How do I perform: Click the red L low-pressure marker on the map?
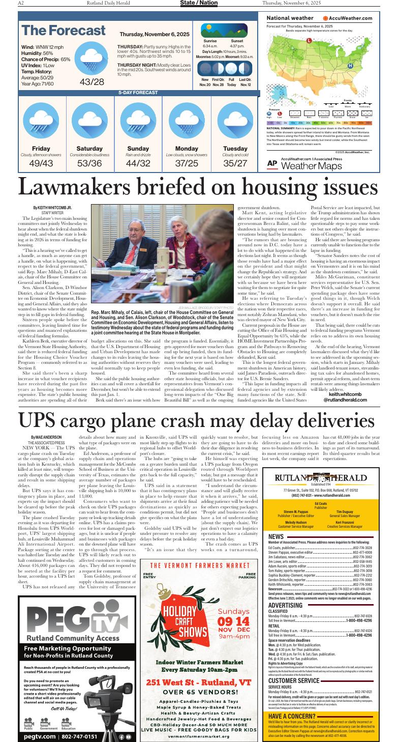tap(309, 40)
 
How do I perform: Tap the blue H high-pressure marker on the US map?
tap(350, 66)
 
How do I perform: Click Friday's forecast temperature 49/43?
tap(41, 163)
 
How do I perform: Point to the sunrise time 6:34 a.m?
tap(210, 46)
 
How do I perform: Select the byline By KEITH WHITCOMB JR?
tap(52, 208)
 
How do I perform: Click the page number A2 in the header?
tap(21, 3)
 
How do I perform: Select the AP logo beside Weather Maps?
tap(272, 164)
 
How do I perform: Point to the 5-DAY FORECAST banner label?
tap(138, 93)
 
